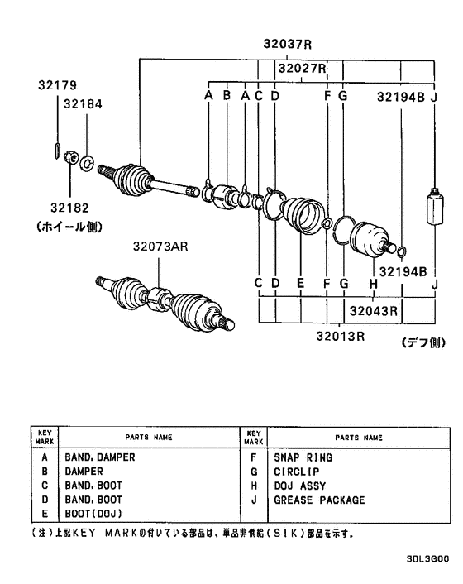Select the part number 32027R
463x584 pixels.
tap(302, 68)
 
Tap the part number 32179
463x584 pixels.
tap(57, 85)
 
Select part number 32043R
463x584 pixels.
tap(373, 311)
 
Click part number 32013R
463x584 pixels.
tap(340, 336)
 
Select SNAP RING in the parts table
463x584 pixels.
tap(303, 457)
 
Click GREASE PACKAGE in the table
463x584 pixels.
tap(319, 500)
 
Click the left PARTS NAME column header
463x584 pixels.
tap(149, 436)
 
